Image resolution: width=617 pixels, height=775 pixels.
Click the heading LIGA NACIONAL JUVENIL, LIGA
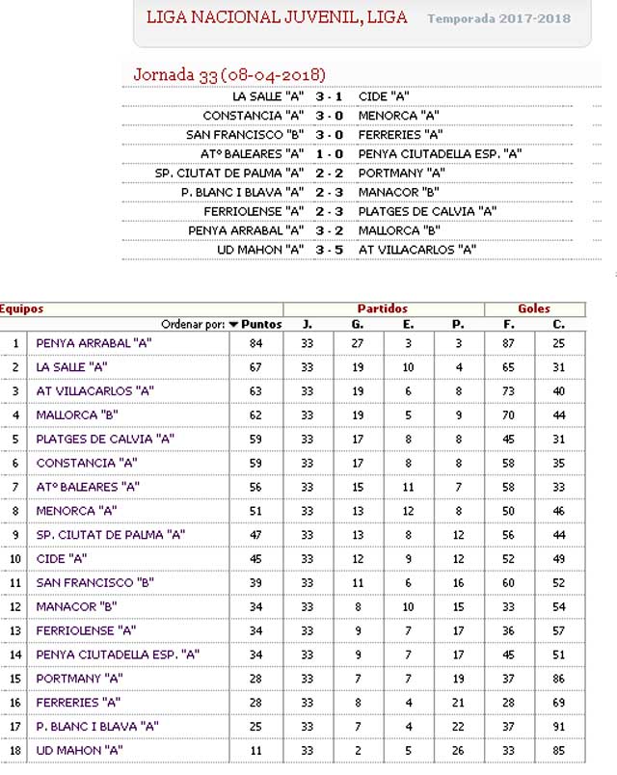tap(277, 17)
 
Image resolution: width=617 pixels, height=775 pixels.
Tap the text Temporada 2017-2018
tap(498, 18)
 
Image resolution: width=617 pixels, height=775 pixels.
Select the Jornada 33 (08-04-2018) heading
tap(228, 74)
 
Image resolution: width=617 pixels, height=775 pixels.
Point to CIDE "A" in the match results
tap(384, 96)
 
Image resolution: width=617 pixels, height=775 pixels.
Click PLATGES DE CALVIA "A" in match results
tap(427, 211)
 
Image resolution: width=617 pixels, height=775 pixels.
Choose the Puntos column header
tap(261, 324)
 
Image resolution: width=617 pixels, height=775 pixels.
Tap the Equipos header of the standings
tap(21, 308)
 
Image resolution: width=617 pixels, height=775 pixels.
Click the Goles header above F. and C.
tap(534, 308)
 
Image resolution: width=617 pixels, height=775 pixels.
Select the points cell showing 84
tap(255, 343)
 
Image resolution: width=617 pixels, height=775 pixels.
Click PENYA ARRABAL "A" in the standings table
tap(94, 343)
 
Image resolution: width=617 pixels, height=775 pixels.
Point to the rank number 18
tap(15, 750)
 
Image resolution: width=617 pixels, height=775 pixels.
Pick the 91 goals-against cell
tap(559, 726)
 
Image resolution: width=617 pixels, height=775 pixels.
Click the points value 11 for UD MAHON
tap(255, 750)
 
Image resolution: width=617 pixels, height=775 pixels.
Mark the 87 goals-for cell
tap(509, 343)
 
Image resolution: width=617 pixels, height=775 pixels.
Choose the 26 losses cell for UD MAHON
tap(458, 750)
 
